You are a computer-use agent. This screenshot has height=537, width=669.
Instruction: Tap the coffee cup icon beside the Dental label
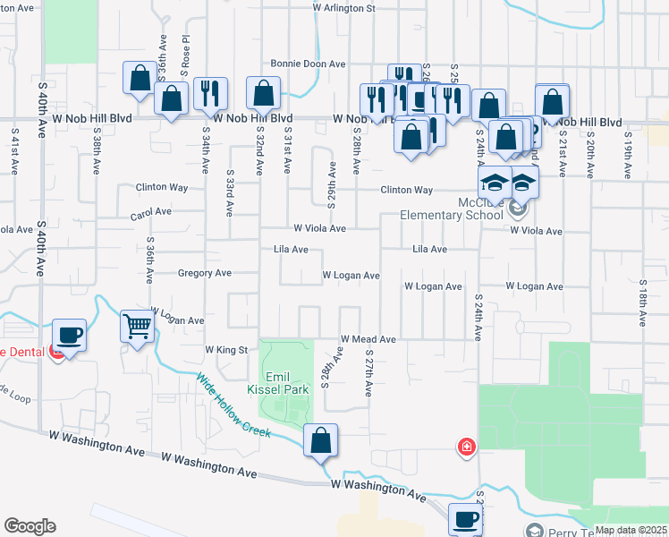(70, 336)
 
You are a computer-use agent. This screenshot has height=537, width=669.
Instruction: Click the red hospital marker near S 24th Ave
(466, 446)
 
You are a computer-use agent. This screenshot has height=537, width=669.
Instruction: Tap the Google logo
(30, 526)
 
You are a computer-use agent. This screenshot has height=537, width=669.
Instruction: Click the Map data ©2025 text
(630, 530)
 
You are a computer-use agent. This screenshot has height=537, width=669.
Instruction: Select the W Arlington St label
(344, 8)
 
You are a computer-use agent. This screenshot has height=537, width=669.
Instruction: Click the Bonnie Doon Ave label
(309, 64)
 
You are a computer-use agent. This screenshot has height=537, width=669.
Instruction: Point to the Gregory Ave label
(205, 273)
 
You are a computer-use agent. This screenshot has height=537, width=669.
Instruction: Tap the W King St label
(225, 349)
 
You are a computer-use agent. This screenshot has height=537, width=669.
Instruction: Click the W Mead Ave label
(368, 340)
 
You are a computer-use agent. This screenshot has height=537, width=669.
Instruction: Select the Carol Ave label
(150, 213)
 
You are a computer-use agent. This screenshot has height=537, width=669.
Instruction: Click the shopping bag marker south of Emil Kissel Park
(320, 440)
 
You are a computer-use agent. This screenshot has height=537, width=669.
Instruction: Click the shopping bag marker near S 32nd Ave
(264, 93)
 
